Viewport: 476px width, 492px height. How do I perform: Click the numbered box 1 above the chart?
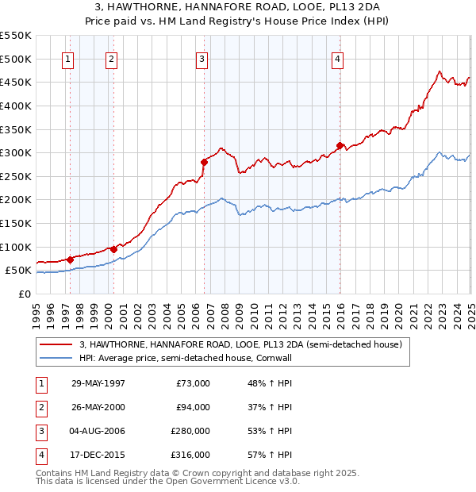click(68, 59)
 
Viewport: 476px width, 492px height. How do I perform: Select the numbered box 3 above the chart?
click(202, 59)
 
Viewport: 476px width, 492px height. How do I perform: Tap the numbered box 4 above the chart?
click(337, 59)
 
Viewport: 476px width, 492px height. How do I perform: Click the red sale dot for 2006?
click(204, 162)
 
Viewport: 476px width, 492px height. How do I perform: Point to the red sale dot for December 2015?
click(340, 145)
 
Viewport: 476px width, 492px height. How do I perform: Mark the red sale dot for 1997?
click(71, 259)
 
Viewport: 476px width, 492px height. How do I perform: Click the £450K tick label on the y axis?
click(15, 82)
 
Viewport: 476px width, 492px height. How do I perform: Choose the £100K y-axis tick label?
click(15, 247)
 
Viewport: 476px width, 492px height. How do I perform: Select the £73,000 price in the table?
click(193, 383)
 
